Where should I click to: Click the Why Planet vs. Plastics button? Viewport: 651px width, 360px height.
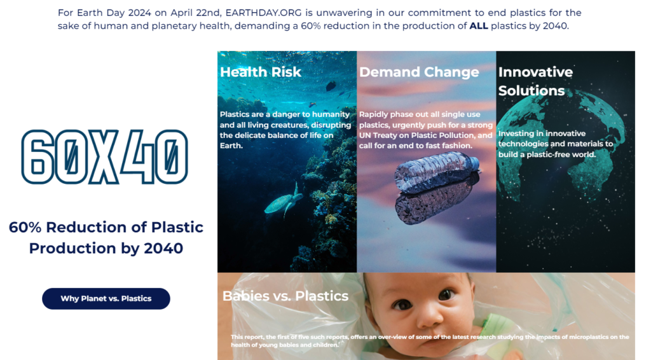pos(106,298)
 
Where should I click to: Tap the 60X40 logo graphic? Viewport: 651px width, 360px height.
pos(105,156)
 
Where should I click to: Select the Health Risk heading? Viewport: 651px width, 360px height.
pos(260,72)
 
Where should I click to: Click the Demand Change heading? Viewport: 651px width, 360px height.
pos(419,72)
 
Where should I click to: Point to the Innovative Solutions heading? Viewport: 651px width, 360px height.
pos(535,81)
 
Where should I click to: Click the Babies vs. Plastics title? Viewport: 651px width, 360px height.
pos(285,296)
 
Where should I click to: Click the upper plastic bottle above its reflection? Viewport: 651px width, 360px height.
pos(437,170)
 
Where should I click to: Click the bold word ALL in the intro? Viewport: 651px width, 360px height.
pos(479,25)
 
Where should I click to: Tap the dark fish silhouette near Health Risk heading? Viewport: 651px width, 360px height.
pos(331,86)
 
